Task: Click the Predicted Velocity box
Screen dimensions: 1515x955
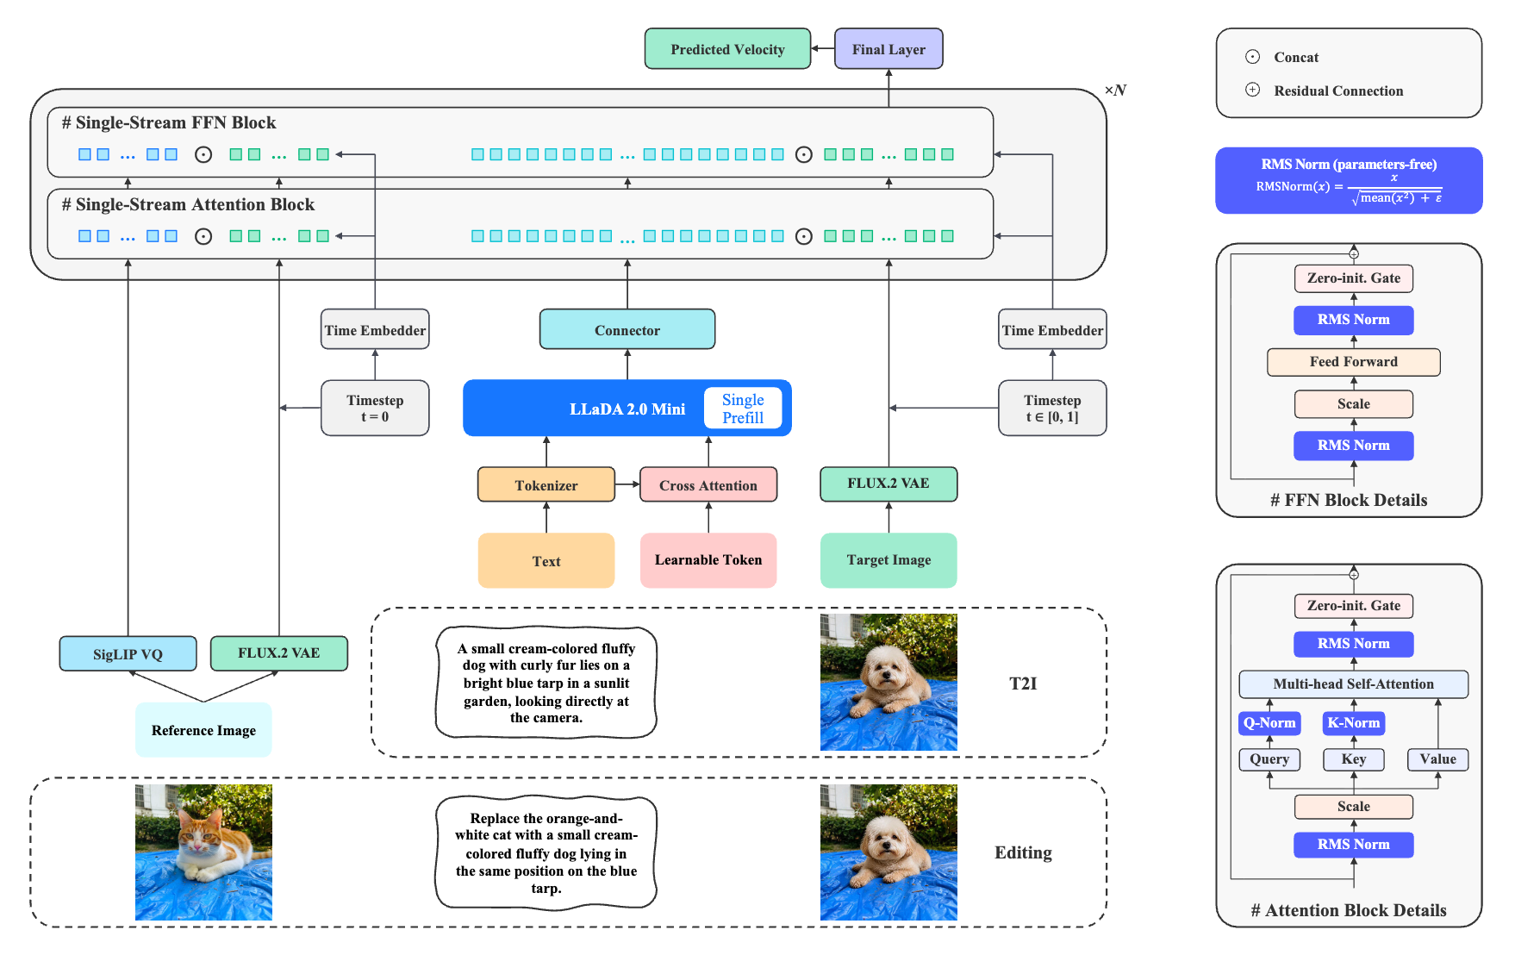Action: pos(727,49)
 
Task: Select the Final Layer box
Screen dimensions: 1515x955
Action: pos(888,49)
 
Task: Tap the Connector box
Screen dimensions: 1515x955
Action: pos(627,329)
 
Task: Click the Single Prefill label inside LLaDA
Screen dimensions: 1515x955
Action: pos(743,409)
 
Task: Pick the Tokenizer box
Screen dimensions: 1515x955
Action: pos(546,484)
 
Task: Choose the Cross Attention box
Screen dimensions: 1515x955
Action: pos(708,484)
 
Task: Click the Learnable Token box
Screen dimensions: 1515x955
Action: pos(708,560)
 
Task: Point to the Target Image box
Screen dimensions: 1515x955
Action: pos(888,560)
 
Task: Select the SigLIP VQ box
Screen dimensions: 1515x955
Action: pos(128,653)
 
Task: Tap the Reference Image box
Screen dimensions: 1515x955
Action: pos(203,730)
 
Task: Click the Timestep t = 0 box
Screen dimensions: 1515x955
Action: pos(375,408)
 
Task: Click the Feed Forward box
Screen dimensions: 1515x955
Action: pos(1354,362)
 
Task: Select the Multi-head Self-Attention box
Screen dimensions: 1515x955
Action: pos(1354,684)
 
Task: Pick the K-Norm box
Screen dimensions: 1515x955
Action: pos(1354,723)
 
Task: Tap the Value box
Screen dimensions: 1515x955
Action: pos(1438,759)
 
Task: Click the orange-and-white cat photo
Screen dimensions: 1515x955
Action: pos(203,852)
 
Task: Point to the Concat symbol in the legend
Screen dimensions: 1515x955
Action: pos(1252,57)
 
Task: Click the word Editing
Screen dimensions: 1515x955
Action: pos(1023,852)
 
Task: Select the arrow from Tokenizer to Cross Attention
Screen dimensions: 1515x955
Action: pos(627,484)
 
